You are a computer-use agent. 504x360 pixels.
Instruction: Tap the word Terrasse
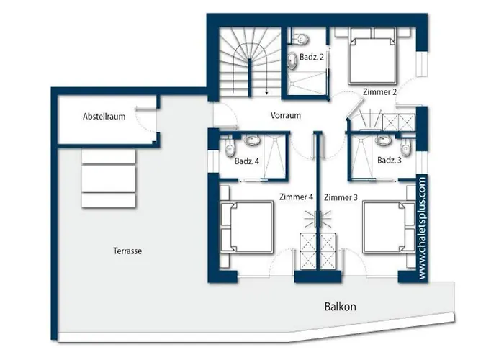pos(127,251)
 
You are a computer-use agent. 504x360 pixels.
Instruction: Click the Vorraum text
pos(285,116)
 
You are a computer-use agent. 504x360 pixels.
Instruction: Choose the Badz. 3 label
pos(390,161)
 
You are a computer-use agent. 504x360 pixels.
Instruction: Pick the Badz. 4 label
pos(246,161)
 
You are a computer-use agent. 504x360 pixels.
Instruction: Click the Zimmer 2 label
pos(380,91)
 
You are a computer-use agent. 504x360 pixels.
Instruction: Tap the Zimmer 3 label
pos(341,197)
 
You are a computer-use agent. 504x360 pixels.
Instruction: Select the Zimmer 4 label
pos(296,197)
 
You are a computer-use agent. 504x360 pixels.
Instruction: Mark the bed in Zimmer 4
pos(246,227)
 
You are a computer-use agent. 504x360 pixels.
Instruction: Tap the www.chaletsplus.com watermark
pos(422,229)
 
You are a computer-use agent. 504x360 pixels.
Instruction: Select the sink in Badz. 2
pos(295,60)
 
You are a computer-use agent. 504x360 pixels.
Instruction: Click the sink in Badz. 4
pos(253,140)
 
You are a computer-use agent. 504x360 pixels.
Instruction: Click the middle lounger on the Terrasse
pos(109,176)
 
